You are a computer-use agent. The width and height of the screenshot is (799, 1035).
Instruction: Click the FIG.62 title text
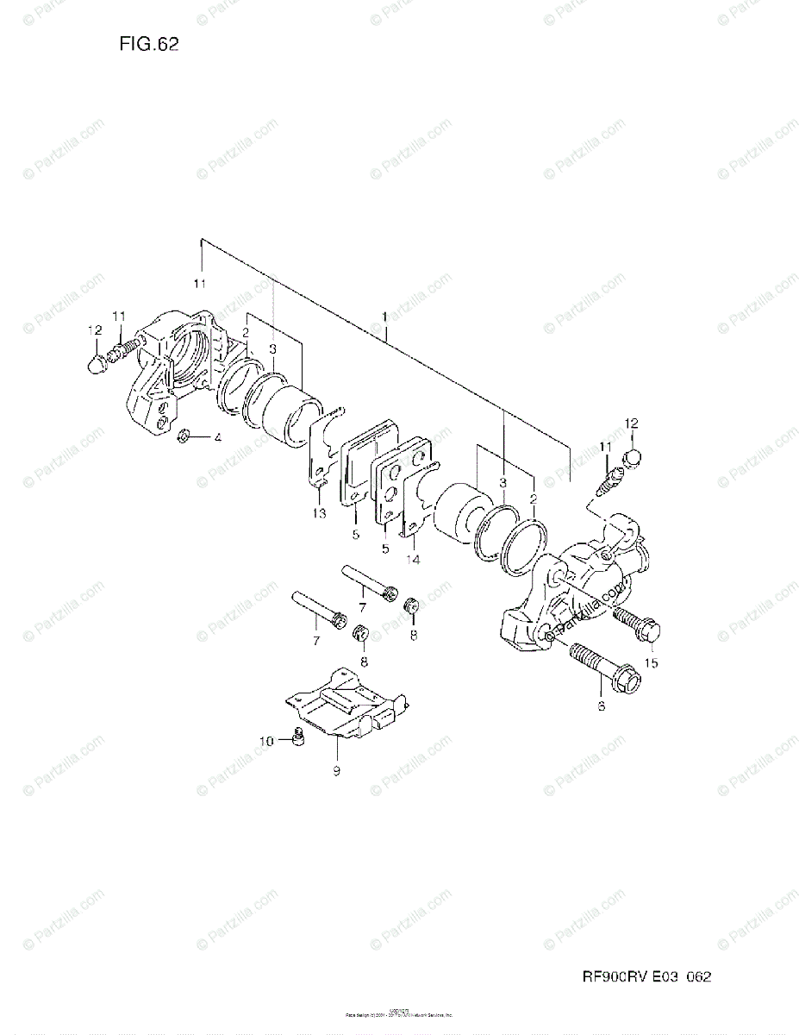click(x=150, y=46)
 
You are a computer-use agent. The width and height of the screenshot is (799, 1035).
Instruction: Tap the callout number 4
click(x=218, y=438)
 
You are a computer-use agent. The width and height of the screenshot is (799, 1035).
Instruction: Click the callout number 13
click(x=319, y=514)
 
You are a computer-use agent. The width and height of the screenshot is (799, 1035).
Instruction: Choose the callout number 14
click(x=413, y=559)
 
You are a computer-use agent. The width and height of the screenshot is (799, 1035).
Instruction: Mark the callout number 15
click(x=651, y=662)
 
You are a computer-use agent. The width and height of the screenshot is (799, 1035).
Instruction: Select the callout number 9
click(x=336, y=770)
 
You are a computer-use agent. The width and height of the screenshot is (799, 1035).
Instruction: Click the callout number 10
click(x=267, y=740)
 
